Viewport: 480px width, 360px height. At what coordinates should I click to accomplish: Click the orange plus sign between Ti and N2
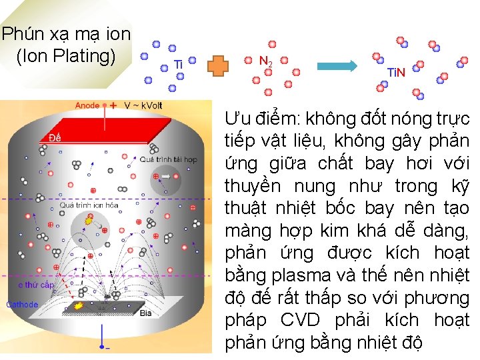[x=219, y=65]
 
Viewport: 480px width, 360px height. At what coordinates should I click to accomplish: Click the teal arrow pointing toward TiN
[x=337, y=65]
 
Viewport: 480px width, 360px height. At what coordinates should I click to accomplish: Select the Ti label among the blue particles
[x=178, y=65]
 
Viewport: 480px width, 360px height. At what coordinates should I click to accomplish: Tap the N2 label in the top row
[x=265, y=61]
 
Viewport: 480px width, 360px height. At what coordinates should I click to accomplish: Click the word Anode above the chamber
[x=87, y=105]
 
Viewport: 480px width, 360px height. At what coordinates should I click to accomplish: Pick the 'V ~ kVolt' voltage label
[x=143, y=105]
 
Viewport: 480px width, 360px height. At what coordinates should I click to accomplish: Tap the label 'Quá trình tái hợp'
[x=168, y=160]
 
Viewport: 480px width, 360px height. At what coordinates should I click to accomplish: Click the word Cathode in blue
[x=22, y=305]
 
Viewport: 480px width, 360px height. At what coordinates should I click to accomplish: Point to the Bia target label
[x=146, y=313]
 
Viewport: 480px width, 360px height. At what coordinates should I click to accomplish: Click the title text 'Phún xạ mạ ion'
[x=65, y=33]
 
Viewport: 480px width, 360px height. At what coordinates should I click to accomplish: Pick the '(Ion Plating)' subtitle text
[x=65, y=55]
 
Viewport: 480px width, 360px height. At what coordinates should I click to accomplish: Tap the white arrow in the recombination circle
[x=165, y=177]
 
